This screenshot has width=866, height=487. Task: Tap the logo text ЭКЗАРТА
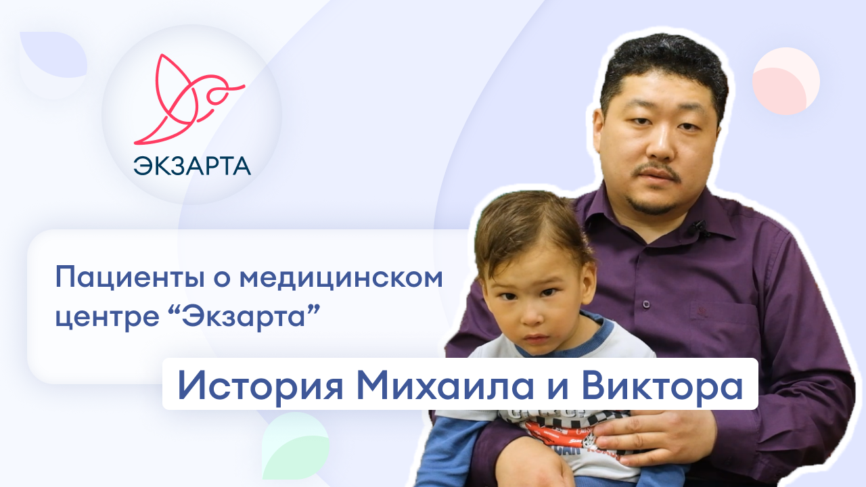[191, 165]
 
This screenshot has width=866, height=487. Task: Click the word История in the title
[261, 384]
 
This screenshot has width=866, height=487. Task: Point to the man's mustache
[654, 172]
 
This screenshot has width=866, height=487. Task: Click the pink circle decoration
[785, 80]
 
